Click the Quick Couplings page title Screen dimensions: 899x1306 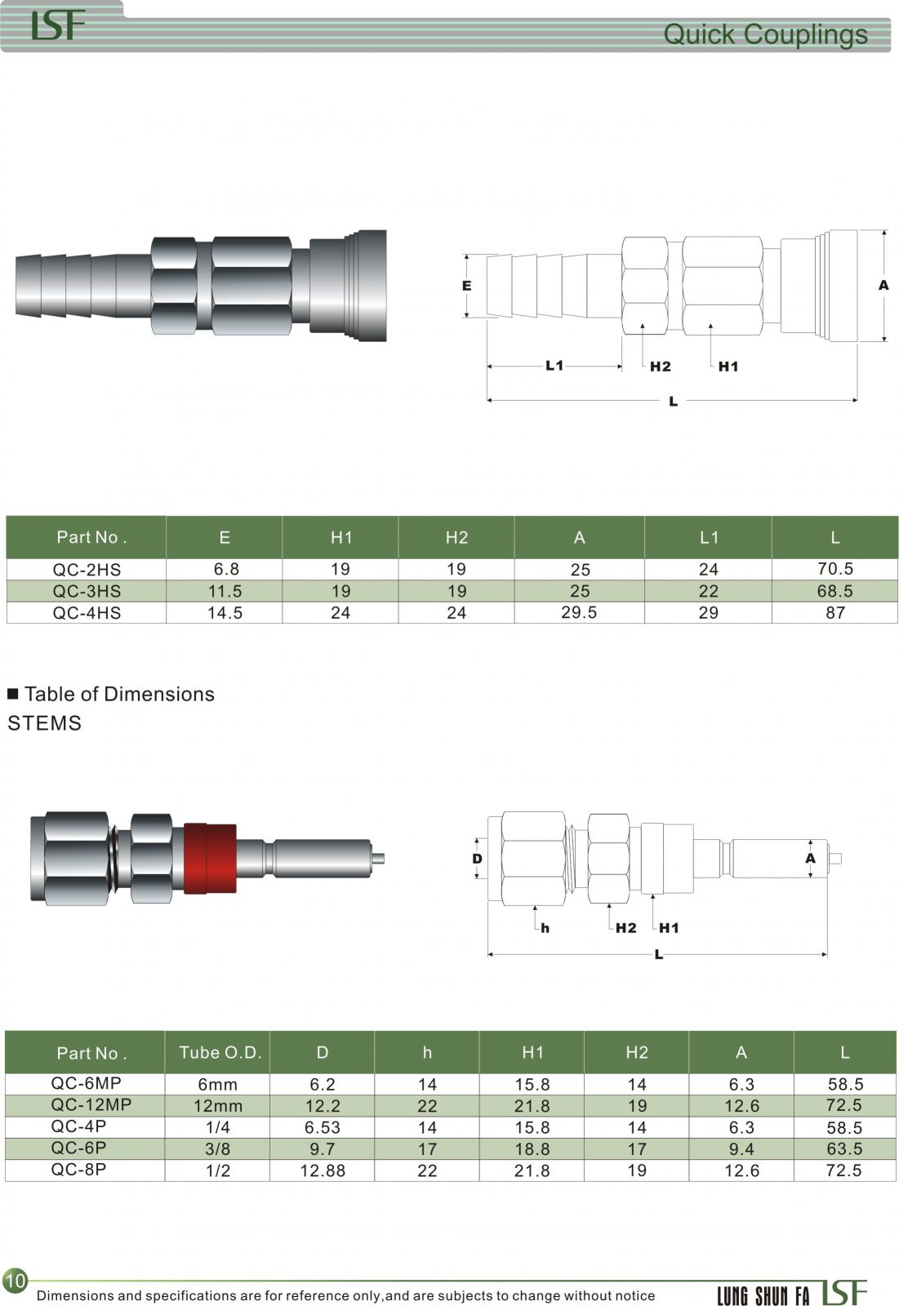(765, 34)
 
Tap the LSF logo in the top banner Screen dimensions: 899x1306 (58, 25)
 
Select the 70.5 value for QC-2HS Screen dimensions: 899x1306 (834, 568)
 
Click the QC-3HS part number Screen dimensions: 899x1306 (87, 591)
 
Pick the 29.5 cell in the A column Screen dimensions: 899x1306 (579, 612)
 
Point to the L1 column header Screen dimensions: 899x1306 (709, 537)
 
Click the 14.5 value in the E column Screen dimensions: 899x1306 (225, 612)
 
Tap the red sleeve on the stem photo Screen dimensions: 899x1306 (210, 858)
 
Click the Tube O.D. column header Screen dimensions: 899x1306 (220, 1052)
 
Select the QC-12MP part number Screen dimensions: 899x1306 (91, 1104)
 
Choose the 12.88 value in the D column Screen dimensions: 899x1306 (322, 1171)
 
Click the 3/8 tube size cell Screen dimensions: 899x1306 (217, 1148)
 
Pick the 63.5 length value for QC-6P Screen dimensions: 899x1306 (844, 1148)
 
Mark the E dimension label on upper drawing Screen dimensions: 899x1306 (466, 286)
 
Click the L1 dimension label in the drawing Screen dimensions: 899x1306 (554, 366)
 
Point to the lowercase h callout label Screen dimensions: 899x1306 (545, 927)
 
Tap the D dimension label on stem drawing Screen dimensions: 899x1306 (477, 858)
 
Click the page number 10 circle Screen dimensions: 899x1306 (16, 1281)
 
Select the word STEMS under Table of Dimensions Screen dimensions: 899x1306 (44, 723)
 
